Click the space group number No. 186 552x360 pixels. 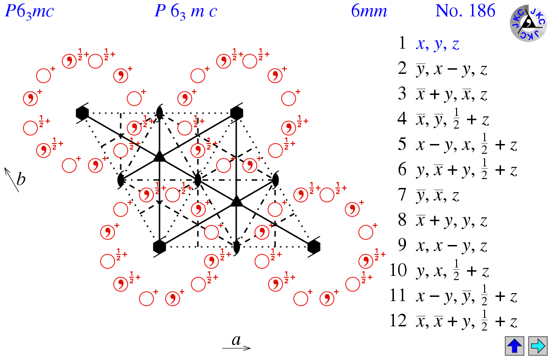(465, 11)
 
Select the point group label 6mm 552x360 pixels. (369, 11)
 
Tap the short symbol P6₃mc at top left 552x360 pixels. (29, 11)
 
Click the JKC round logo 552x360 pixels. (528, 22)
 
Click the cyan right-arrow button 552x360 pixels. (537, 346)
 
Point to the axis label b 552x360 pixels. (21, 179)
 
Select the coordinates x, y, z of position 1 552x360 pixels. (438, 44)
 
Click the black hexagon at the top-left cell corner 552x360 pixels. (82, 113)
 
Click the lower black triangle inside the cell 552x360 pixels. (236, 201)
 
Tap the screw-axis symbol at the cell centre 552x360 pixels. (197, 179)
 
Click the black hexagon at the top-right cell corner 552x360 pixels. (236, 113)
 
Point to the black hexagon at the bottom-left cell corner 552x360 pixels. (160, 246)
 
